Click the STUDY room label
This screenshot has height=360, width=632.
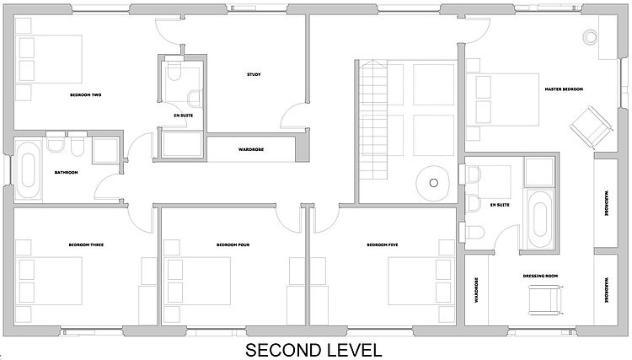254,74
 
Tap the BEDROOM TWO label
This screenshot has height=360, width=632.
85,95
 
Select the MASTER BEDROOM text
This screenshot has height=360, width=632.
564,89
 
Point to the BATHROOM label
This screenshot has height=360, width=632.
66,173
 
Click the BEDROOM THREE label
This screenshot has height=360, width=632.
86,244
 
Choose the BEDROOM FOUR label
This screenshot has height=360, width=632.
233,244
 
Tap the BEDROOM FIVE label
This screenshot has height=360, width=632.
383,244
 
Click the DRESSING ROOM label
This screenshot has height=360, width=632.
540,277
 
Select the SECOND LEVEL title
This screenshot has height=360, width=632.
313,350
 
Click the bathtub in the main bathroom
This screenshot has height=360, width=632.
28,169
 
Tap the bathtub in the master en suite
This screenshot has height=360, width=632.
539,220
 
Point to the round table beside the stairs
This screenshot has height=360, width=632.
433,183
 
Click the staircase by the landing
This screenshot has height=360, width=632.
373,120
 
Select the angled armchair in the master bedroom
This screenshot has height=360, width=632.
592,127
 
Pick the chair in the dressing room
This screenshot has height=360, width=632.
545,300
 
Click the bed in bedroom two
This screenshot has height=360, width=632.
49,59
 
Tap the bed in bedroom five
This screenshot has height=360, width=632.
420,281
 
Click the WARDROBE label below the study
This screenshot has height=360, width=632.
251,149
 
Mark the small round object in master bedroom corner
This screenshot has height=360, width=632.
590,37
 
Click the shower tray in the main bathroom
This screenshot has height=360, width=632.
105,150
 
